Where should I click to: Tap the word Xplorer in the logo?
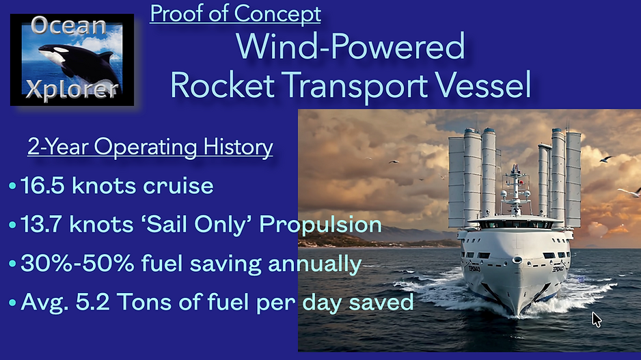[x=72, y=92]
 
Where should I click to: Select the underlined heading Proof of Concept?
[x=235, y=13]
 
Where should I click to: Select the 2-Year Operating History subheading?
[x=150, y=147]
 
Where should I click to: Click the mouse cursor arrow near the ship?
[x=597, y=319]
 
